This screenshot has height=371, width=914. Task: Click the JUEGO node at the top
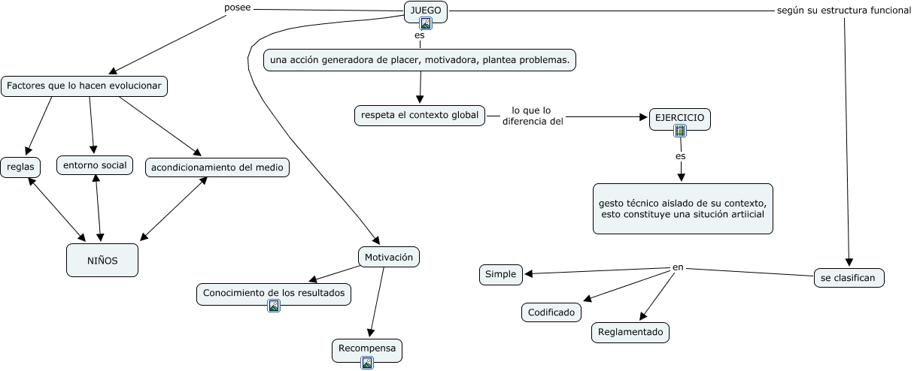(x=426, y=11)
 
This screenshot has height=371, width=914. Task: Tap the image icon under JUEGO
(x=426, y=23)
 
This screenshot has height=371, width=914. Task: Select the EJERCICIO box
(x=680, y=119)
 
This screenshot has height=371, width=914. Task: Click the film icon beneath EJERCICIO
(x=680, y=131)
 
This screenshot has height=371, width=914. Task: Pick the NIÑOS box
(x=102, y=260)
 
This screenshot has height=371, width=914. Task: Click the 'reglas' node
(x=20, y=167)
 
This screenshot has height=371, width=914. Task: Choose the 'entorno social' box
(x=95, y=164)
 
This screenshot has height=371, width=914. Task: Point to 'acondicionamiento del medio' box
(x=217, y=167)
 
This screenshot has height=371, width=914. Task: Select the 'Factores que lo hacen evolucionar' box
(x=84, y=86)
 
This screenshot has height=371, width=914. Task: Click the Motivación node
(x=388, y=257)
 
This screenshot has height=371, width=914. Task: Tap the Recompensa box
(x=367, y=348)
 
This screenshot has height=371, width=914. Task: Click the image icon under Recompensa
(x=367, y=363)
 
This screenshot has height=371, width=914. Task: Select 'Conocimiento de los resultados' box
(x=274, y=292)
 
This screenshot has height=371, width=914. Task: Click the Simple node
(x=501, y=275)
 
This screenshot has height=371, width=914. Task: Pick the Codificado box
(x=551, y=312)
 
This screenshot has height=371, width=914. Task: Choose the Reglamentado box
(x=630, y=331)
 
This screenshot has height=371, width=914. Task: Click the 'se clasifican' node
(x=849, y=277)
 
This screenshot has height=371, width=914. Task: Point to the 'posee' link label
(x=238, y=8)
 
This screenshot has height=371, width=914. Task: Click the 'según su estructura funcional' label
(x=844, y=11)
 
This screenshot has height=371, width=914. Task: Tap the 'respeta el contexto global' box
(x=420, y=115)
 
